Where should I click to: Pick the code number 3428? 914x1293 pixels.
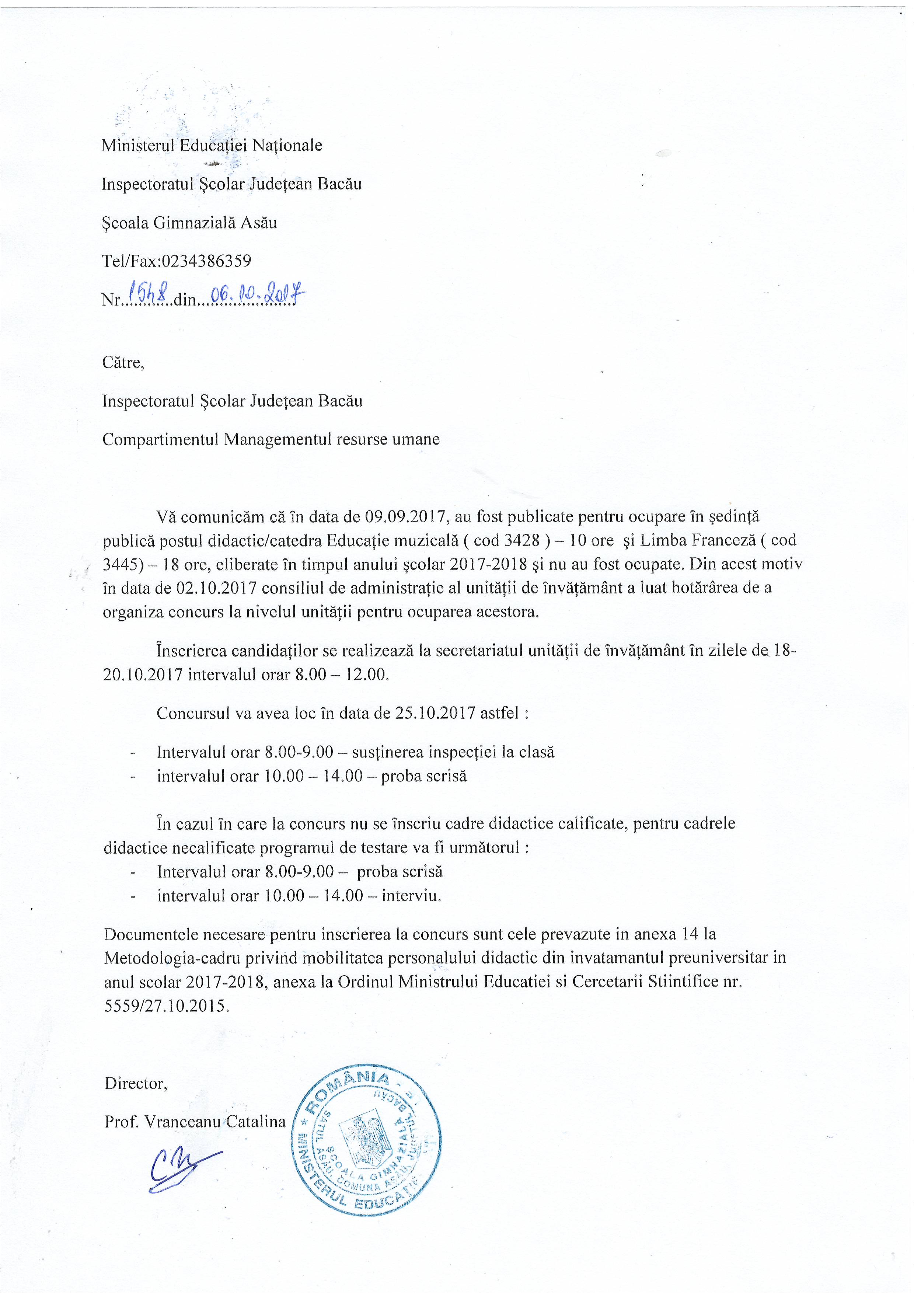522,540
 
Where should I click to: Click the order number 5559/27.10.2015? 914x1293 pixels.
167,1006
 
